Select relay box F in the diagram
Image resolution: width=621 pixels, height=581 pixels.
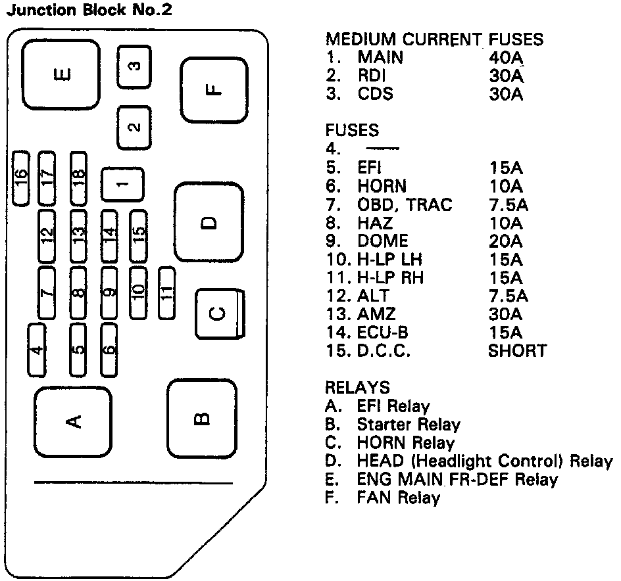pyautogui.click(x=211, y=90)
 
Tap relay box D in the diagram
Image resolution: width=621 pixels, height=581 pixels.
pyautogui.click(x=209, y=222)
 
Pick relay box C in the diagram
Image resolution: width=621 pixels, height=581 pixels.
pyautogui.click(x=219, y=314)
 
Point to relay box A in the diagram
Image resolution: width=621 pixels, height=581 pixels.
pyautogui.click(x=72, y=419)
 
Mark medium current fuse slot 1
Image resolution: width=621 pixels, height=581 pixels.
pyautogui.click(x=122, y=185)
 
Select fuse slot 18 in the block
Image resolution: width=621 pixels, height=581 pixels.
pyautogui.click(x=79, y=177)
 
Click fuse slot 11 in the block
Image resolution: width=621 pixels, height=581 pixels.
pyautogui.click(x=167, y=292)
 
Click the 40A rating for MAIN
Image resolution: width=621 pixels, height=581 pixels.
pyautogui.click(x=505, y=58)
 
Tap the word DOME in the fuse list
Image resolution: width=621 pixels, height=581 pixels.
pyautogui.click(x=382, y=241)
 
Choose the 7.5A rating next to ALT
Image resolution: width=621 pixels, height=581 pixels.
pyautogui.click(x=508, y=296)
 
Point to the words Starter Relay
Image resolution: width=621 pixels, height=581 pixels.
pyautogui.click(x=408, y=425)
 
